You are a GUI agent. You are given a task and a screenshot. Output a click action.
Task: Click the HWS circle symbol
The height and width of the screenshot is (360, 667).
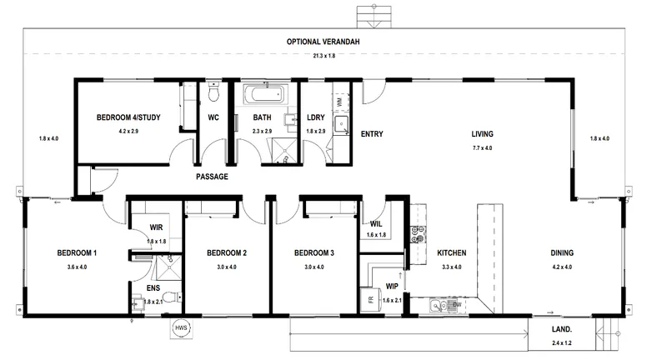point(181,327)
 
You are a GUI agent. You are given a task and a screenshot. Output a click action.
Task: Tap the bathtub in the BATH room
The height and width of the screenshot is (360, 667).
point(265,94)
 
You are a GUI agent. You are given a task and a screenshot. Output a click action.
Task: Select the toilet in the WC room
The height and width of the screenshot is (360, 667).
point(213,92)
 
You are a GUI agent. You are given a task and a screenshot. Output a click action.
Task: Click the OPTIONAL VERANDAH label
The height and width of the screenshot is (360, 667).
point(323,42)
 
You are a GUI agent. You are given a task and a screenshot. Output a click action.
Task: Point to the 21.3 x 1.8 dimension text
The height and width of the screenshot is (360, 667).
point(324,56)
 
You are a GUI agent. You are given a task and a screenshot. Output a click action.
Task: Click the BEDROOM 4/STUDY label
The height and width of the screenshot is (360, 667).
point(128,117)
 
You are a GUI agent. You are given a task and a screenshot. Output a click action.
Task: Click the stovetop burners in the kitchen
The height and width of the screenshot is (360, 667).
point(418,234)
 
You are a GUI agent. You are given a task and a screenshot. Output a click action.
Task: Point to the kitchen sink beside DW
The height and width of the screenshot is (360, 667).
point(439,305)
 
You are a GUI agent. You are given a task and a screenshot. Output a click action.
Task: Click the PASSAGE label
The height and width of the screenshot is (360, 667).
point(212,177)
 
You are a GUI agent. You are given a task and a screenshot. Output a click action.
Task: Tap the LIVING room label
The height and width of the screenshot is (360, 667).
point(483,134)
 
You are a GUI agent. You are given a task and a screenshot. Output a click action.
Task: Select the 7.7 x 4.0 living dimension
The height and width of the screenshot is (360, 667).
point(483,147)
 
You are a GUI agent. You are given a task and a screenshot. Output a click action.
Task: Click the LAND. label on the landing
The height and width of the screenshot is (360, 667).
point(562,329)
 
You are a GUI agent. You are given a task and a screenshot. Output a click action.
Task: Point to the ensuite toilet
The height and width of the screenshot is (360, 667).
point(171,297)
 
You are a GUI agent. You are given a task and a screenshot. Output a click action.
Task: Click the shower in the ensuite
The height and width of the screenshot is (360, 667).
point(169,267)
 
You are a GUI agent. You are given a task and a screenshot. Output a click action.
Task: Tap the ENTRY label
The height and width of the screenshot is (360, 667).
point(372,134)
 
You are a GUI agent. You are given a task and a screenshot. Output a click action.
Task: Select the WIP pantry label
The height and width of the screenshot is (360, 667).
point(392,287)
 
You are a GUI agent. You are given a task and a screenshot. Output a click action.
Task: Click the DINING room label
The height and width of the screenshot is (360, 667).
point(562,252)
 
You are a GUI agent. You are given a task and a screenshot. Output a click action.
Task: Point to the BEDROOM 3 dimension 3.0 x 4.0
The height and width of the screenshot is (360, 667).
point(314,267)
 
